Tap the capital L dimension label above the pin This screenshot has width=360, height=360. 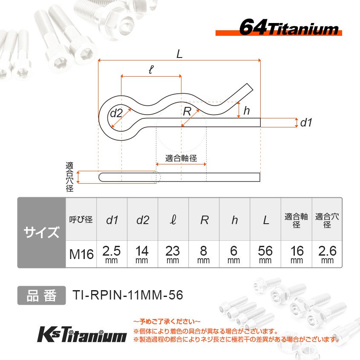click(x=179, y=54)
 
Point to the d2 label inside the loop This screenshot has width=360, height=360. click(x=116, y=113)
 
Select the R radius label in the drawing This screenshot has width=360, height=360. click(x=187, y=112)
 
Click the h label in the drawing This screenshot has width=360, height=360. click(x=246, y=111)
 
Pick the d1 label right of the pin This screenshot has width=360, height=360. click(x=306, y=123)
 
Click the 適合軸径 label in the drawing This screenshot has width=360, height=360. click(x=181, y=158)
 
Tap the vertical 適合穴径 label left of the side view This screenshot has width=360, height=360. click(x=69, y=177)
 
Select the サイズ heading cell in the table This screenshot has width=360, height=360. click(x=41, y=233)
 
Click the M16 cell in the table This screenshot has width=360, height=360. click(x=81, y=255)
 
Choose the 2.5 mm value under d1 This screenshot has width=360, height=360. click(x=112, y=254)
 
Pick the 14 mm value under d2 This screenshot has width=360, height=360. click(x=142, y=254)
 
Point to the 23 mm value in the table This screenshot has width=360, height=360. click(x=173, y=254)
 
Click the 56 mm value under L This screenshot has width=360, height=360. click(x=265, y=254)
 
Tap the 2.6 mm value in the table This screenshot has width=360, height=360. click(x=327, y=254)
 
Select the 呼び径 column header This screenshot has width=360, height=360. click(x=81, y=220)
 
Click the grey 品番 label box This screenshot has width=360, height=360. click(x=41, y=295)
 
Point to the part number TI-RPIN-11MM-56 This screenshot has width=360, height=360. click(x=128, y=295)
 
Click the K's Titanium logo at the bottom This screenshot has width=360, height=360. click(x=82, y=334)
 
